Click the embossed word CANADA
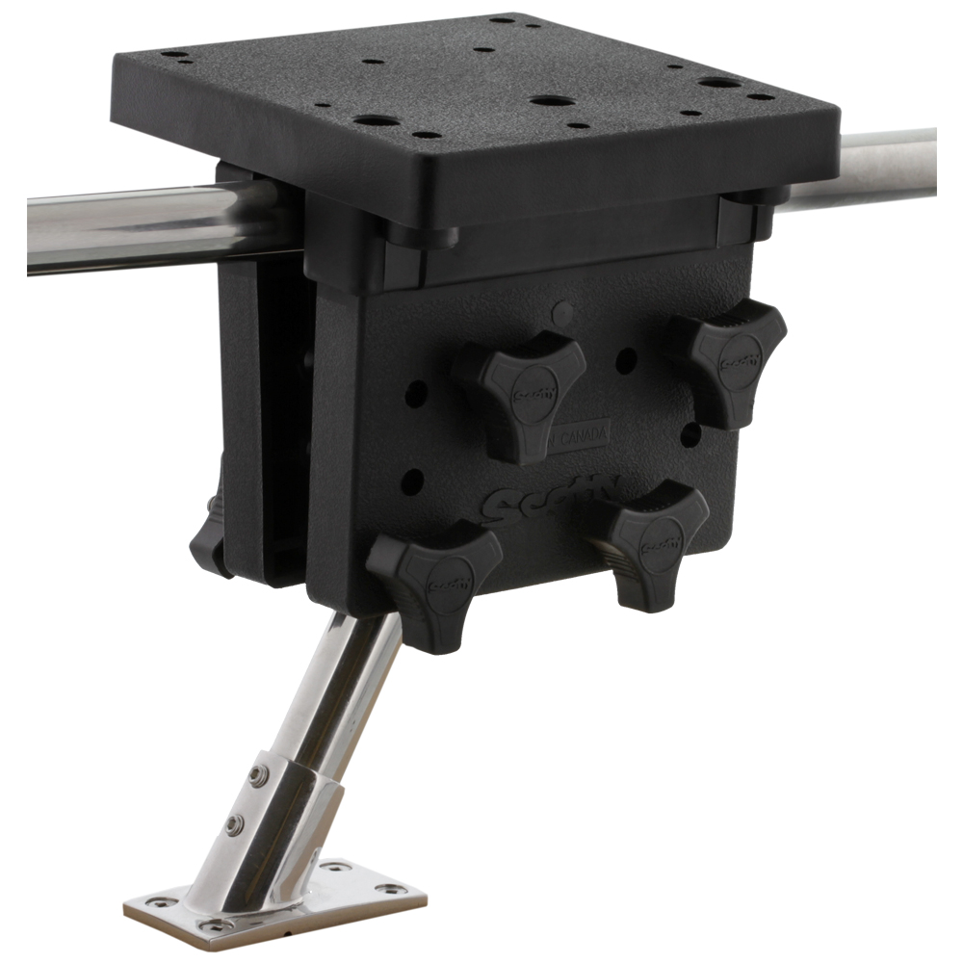coord(583,435)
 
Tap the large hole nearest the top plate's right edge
coord(719,83)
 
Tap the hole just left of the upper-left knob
coord(416,393)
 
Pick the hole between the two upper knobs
coord(626,362)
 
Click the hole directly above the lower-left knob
coord(412,481)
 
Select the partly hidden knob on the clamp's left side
coord(210,544)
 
